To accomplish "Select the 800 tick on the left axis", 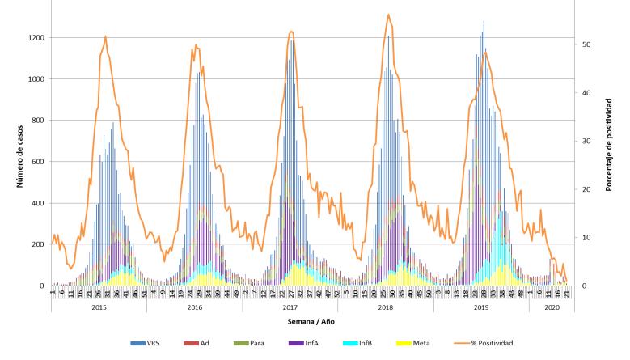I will [x=36, y=121].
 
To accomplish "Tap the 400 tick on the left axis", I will [x=36, y=203].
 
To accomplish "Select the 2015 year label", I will [x=99, y=308].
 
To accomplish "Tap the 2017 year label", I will [x=290, y=308].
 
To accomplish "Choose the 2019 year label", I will [x=480, y=308].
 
